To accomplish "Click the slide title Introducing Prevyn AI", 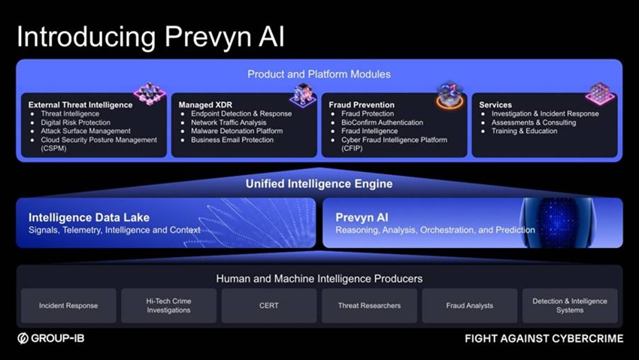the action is click(150, 37).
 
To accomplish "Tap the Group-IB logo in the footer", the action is click(51, 338).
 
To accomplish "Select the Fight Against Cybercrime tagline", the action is click(544, 338).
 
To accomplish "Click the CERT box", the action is click(269, 305).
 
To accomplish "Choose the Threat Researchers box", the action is click(369, 305).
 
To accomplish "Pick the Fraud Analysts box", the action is click(469, 305).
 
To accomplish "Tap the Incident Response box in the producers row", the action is click(68, 305).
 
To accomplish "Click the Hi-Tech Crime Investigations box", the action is click(168, 305).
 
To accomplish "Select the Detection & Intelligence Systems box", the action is click(570, 305).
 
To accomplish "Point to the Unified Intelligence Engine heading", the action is click(319, 183).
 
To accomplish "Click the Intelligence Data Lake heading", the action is click(89, 217).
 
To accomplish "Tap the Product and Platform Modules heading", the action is click(319, 74).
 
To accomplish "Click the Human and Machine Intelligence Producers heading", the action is click(319, 279).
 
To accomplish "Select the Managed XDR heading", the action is click(205, 104).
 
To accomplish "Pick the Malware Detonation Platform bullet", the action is click(237, 131).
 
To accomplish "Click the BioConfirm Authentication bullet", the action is click(382, 123).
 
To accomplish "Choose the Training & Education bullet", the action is click(524, 131).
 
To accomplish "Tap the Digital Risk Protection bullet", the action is click(75, 123).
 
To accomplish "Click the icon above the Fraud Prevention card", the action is click(450, 95).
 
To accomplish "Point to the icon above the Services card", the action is click(600, 94).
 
